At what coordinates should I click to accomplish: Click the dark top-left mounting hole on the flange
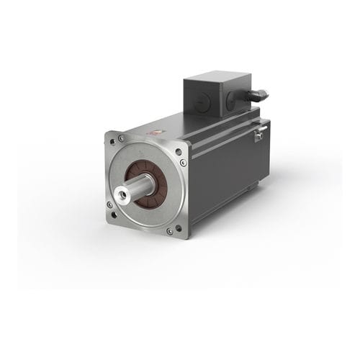[113, 140]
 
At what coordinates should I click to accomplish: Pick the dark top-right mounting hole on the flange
[178, 152]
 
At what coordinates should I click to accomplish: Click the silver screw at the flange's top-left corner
[121, 138]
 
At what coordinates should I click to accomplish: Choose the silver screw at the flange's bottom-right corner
[169, 231]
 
